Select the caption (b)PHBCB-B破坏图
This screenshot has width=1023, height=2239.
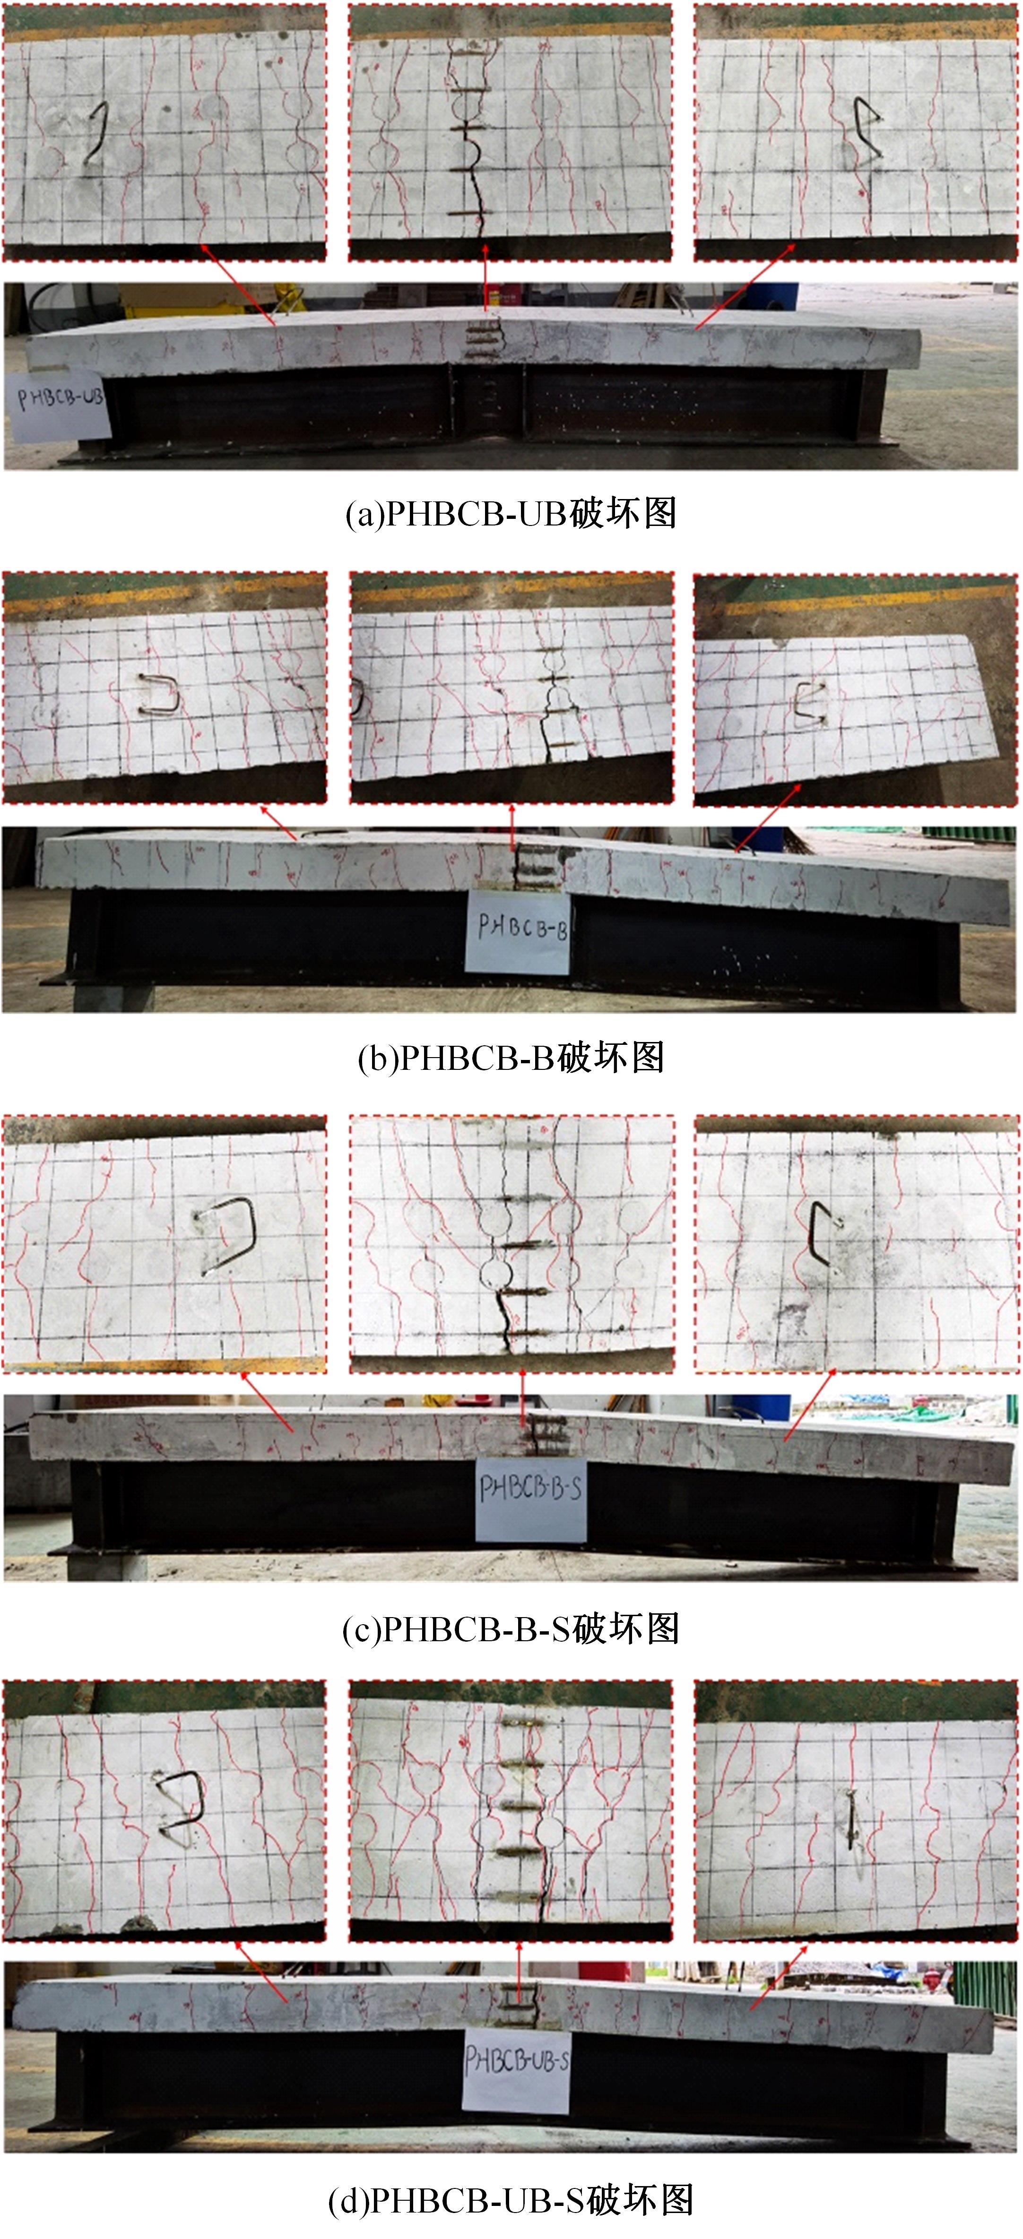[511, 1058]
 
